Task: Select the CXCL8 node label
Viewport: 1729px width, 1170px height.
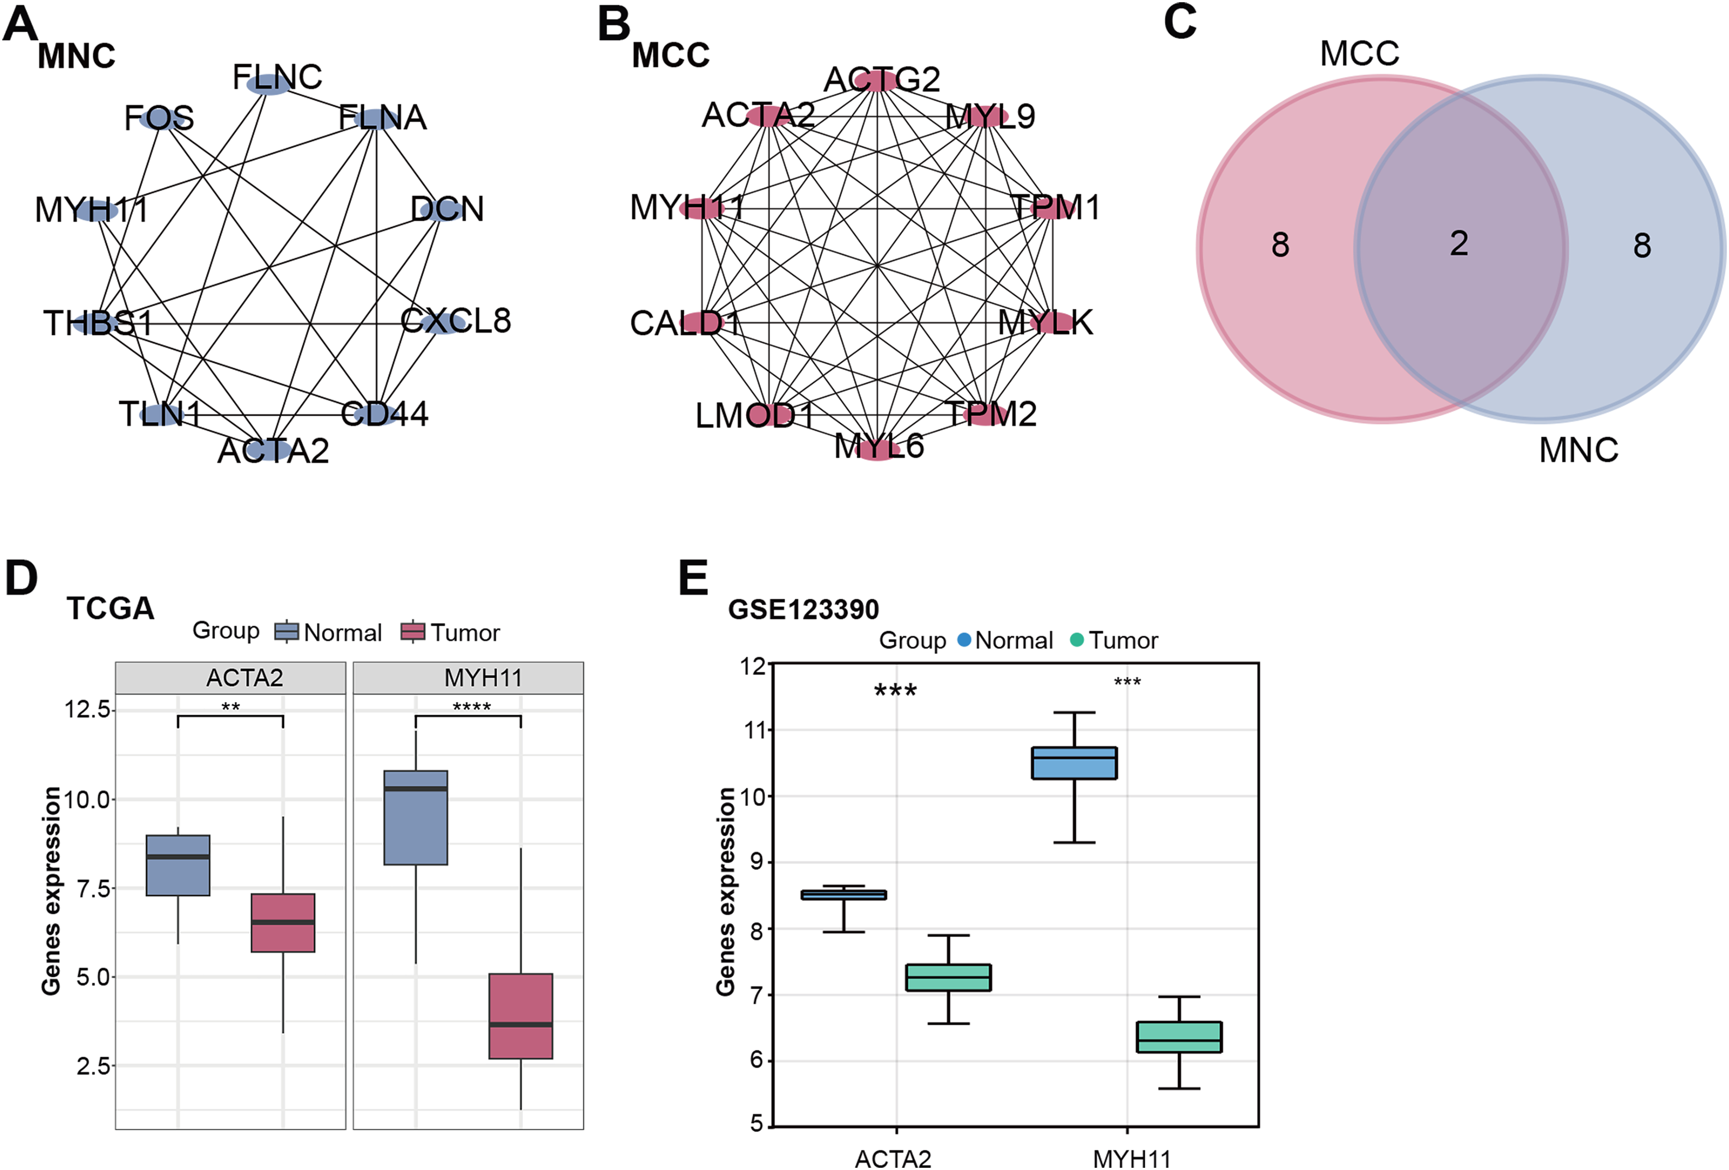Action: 455,321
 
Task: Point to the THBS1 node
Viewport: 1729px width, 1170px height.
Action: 97,323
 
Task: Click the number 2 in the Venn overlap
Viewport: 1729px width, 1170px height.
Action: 1458,244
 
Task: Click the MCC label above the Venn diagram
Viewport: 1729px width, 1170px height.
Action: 1359,53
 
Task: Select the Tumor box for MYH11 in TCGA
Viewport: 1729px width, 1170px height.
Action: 521,1015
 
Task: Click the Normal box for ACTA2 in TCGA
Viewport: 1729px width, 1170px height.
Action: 178,865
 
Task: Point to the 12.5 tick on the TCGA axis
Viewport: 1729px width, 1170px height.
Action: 88,709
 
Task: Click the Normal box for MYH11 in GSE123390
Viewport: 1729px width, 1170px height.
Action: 1074,763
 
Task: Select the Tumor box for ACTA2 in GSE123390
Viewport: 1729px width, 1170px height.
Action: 949,977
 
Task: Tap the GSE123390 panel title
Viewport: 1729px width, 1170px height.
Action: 803,610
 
